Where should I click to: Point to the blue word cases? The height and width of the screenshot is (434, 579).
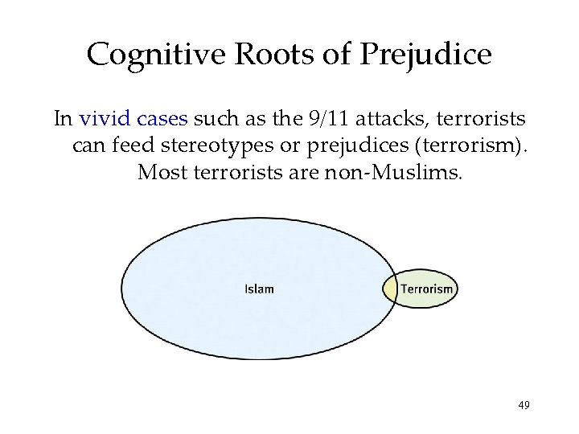click(162, 120)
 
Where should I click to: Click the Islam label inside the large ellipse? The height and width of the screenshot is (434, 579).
click(259, 289)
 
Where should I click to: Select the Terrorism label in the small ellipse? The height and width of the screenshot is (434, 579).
click(427, 289)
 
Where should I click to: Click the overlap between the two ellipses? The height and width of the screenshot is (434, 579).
click(389, 289)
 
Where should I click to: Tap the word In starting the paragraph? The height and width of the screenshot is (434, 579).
click(63, 120)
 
